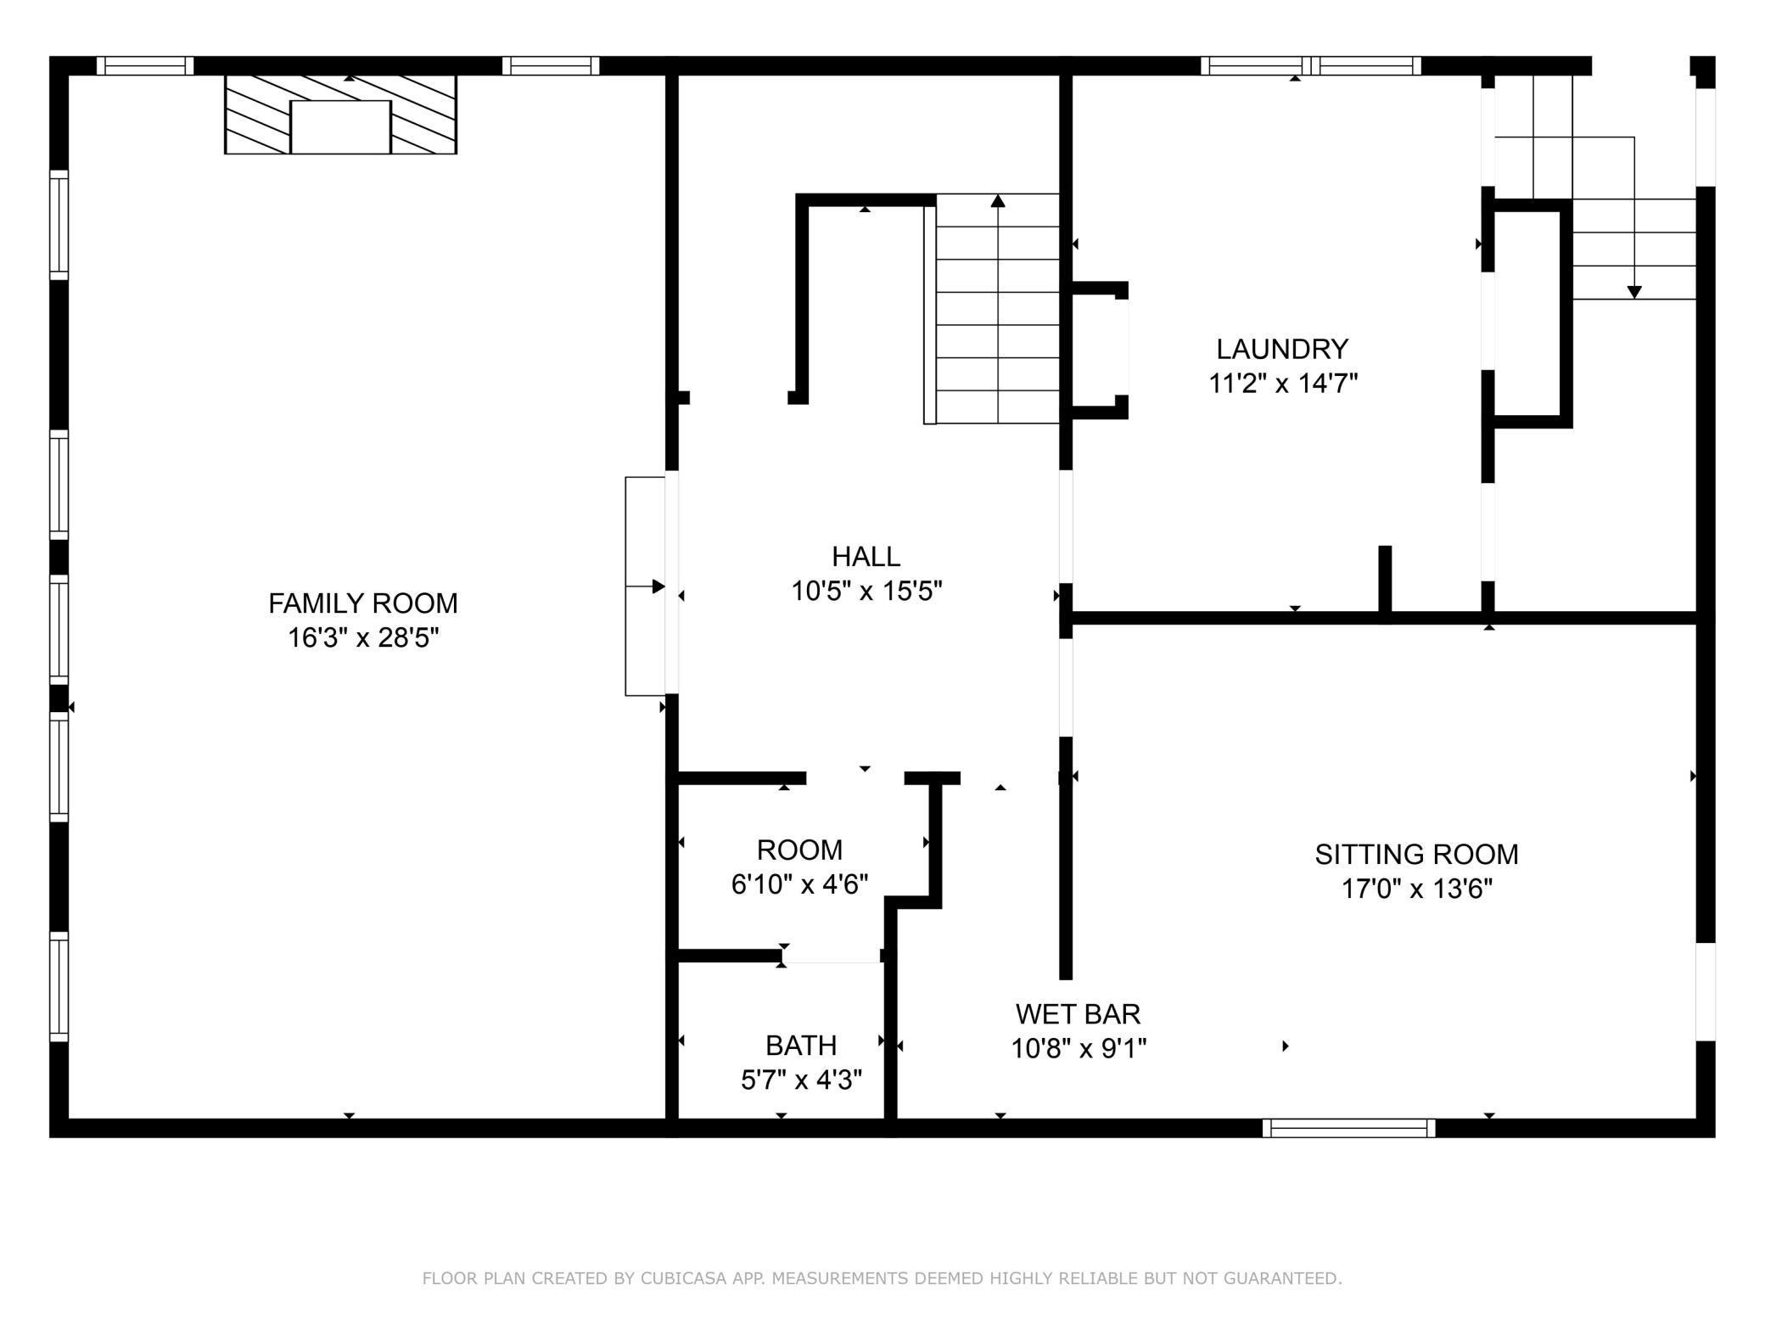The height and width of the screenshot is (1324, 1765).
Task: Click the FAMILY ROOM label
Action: [x=363, y=603]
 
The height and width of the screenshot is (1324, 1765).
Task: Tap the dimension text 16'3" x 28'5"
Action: [x=363, y=637]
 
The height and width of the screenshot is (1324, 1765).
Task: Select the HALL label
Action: [x=866, y=557]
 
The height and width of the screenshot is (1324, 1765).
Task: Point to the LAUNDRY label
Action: [x=1282, y=349]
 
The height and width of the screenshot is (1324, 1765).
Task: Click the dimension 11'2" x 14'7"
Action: [x=1282, y=384]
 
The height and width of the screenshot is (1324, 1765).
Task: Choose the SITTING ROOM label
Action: [x=1416, y=854]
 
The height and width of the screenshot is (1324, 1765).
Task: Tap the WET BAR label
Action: [x=1078, y=1013]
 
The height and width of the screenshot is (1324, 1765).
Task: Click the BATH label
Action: [x=801, y=1045]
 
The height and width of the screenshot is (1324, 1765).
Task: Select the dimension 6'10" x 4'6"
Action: [x=799, y=884]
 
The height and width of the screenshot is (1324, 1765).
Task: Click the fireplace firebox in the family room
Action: [x=340, y=127]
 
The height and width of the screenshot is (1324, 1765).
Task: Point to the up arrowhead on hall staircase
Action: [x=998, y=201]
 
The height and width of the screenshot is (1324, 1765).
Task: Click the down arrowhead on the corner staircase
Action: [x=1634, y=292]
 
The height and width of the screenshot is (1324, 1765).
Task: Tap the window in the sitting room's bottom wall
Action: [x=1348, y=1128]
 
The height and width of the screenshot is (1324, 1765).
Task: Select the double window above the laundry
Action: [x=1311, y=65]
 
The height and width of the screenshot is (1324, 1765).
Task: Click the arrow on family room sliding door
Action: [x=658, y=586]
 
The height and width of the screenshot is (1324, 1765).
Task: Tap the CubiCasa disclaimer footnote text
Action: [x=882, y=1278]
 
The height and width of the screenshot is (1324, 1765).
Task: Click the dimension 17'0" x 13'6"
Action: [x=1416, y=889]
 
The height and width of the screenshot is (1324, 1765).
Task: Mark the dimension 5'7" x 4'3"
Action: [x=801, y=1080]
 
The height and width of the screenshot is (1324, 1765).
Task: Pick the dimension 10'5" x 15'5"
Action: [x=866, y=591]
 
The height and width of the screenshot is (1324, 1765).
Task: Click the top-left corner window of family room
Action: [x=144, y=65]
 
